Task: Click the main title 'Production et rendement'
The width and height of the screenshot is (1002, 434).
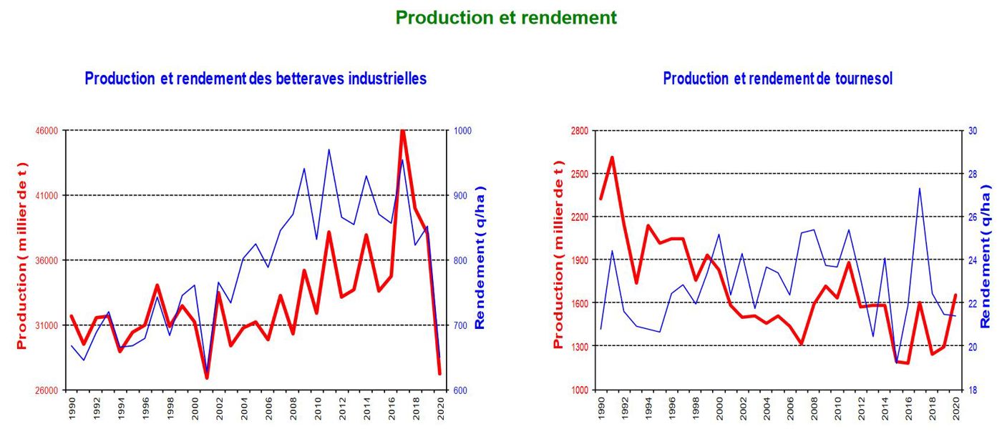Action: [505, 17]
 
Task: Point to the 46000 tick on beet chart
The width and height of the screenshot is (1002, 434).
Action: [47, 131]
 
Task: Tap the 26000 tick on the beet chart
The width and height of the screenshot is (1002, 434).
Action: [47, 390]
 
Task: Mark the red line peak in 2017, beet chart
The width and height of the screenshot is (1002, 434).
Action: [403, 131]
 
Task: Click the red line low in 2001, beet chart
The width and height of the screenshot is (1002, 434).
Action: [207, 377]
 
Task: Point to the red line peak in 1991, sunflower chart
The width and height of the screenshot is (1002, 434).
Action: [613, 157]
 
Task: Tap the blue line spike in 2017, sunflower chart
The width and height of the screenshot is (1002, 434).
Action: [919, 189]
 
